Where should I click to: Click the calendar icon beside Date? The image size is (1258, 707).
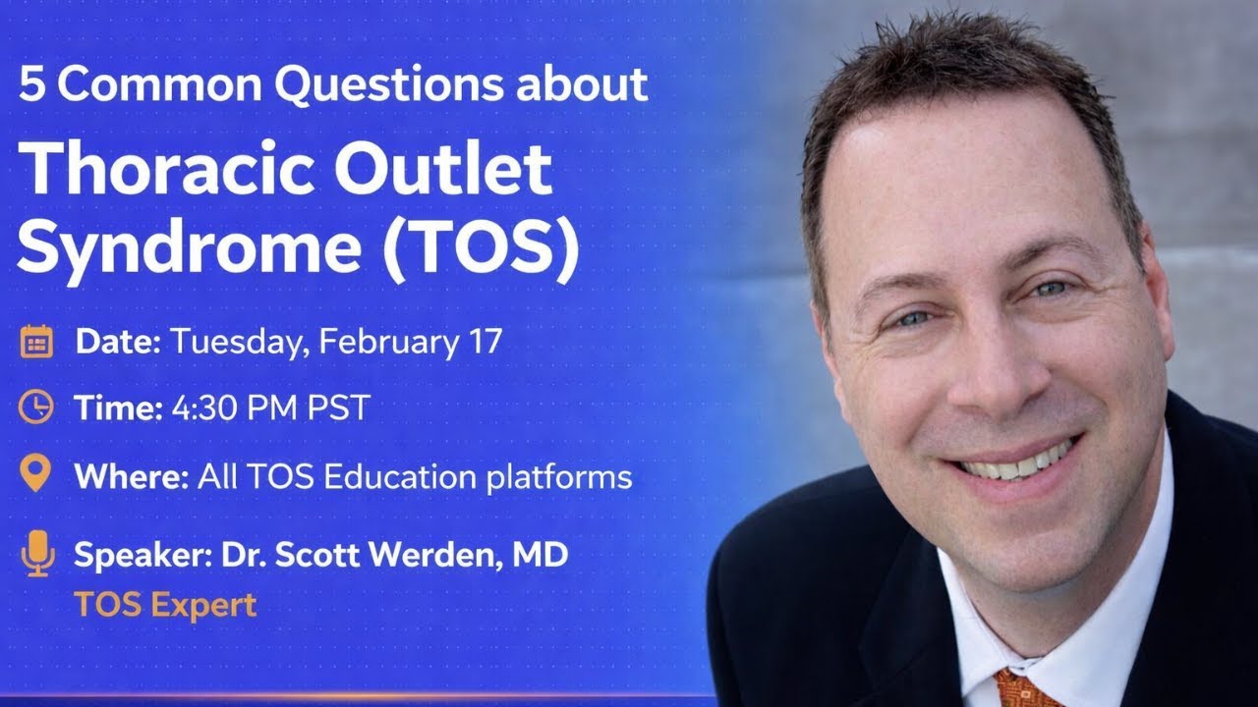pos(36,342)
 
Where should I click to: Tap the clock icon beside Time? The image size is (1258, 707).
pos(36,408)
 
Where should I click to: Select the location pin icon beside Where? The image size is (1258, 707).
pos(36,474)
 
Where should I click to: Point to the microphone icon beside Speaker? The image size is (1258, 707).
pos(36,554)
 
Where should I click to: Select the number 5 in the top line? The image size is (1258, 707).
pos(30,85)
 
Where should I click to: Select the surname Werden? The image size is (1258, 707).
pos(425,555)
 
